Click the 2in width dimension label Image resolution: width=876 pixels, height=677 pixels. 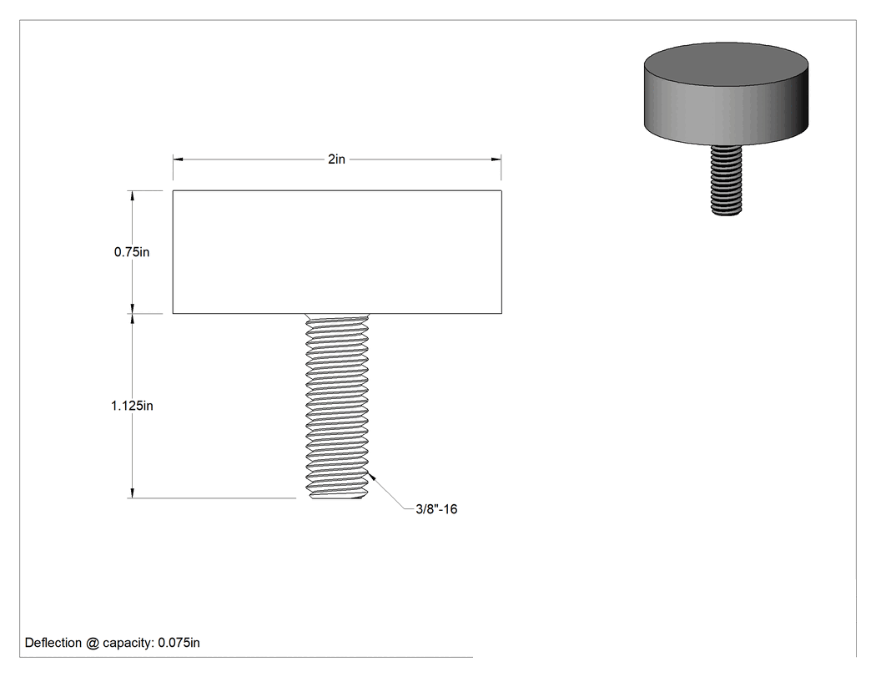(x=336, y=159)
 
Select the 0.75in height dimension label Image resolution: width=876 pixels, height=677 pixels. (x=132, y=252)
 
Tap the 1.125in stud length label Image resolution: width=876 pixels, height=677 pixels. (x=132, y=406)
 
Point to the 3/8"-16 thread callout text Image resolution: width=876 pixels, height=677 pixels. (x=436, y=509)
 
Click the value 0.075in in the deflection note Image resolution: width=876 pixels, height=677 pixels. (x=179, y=643)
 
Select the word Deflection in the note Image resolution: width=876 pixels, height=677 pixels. (x=53, y=643)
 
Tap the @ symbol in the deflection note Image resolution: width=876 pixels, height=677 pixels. (x=92, y=643)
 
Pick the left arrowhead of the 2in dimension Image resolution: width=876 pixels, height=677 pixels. (x=179, y=159)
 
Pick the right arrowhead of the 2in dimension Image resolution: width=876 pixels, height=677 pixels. (x=496, y=159)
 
